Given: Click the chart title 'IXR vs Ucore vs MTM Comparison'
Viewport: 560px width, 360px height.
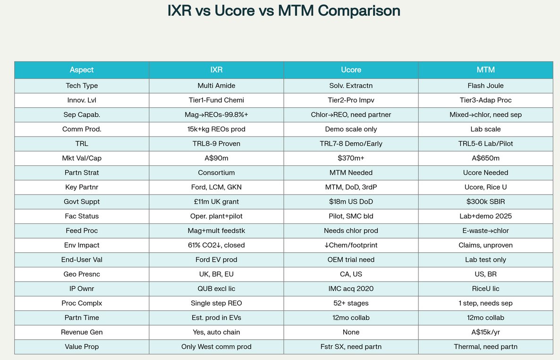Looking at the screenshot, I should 284,11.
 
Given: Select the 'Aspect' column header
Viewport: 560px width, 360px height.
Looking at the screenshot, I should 82,70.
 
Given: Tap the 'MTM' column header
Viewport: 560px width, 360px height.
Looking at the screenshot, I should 485,70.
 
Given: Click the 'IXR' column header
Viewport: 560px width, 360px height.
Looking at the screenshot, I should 216,70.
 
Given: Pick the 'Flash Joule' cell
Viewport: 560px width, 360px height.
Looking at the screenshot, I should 485,86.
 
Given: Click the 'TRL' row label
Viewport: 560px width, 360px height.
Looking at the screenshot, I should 82,144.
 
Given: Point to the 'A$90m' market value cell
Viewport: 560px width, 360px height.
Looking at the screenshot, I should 216,158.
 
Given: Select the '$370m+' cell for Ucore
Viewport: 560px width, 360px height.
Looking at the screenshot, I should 351,158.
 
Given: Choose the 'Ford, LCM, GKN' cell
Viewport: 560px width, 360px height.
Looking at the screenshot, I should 216,187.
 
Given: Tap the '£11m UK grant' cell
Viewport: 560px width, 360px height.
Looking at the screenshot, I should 216,202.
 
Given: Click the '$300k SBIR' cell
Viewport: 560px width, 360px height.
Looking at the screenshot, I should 485,202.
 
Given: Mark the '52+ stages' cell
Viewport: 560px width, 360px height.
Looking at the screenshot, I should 351,303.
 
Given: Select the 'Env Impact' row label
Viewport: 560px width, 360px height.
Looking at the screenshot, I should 82,245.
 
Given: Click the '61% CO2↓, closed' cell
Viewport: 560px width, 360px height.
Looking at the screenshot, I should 216,245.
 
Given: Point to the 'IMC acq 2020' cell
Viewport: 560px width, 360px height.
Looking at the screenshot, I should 351,289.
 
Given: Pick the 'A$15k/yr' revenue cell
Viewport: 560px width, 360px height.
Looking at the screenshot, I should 485,332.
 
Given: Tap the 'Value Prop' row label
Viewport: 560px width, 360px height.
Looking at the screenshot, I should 82,347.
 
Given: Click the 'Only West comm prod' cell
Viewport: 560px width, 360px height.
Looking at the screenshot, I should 216,347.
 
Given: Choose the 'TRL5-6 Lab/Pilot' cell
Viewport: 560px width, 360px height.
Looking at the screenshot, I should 485,144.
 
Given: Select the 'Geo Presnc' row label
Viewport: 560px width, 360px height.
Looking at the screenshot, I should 82,274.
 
